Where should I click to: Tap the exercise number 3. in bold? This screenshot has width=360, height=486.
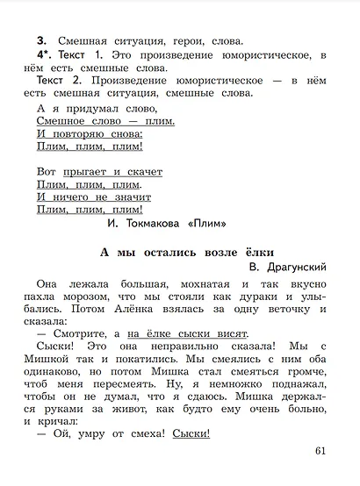(41, 40)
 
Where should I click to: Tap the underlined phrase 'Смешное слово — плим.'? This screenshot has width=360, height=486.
(106, 121)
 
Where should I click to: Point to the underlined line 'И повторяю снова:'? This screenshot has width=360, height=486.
(90, 134)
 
